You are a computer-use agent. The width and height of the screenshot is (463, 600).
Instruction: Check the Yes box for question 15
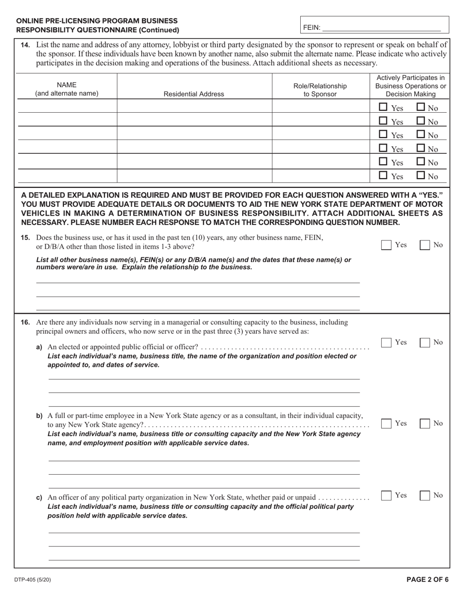point(386,245)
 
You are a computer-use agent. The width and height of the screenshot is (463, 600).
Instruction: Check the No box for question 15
point(425,245)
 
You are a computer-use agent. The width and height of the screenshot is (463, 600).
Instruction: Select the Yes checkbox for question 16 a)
point(386,342)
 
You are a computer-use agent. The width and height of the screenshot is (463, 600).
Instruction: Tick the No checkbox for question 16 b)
point(425,423)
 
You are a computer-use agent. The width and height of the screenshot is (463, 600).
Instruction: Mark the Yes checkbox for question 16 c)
point(386,495)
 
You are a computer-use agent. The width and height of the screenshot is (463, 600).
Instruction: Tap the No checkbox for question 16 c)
point(425,495)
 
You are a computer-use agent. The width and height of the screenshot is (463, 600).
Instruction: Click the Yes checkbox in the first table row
point(384,107)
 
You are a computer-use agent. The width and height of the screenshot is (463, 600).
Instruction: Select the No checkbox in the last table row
point(421,175)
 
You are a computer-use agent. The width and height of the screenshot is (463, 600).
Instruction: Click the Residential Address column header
point(194,94)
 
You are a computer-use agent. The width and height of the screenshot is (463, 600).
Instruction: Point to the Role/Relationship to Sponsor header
point(320,90)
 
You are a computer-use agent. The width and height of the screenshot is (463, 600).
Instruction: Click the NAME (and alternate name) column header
point(67,89)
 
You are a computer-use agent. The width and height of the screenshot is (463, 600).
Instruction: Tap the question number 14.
point(25,45)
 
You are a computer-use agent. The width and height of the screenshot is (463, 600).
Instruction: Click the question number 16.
point(25,322)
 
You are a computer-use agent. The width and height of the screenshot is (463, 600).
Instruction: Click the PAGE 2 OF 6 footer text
point(427,580)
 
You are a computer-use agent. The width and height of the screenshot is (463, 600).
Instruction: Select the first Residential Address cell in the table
point(194,106)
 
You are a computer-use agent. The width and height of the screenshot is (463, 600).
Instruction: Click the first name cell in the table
point(67,106)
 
